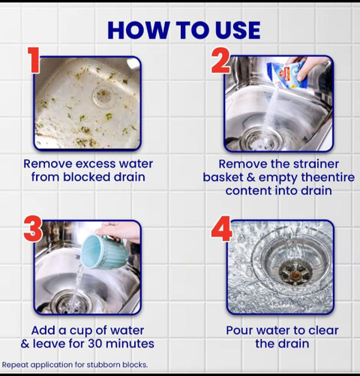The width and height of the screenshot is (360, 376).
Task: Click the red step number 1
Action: tap(34, 60)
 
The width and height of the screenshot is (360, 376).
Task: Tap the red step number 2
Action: tap(221, 60)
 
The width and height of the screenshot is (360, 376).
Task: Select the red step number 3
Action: tap(33, 229)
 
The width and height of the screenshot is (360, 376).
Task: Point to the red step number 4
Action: tap(221, 229)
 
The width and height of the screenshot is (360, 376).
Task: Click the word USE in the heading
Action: tap(238, 30)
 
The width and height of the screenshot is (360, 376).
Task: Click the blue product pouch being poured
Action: tap(287, 74)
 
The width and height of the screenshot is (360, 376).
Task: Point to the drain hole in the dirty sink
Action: tap(103, 96)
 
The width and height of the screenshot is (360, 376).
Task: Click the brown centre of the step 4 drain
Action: tap(295, 275)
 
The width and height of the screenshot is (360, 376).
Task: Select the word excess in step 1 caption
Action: tap(95, 164)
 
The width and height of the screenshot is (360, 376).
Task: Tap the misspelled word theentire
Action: tap(328, 177)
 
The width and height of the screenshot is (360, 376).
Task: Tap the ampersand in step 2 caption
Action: tap(251, 178)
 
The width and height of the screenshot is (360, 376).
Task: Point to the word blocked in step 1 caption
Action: tap(87, 177)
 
